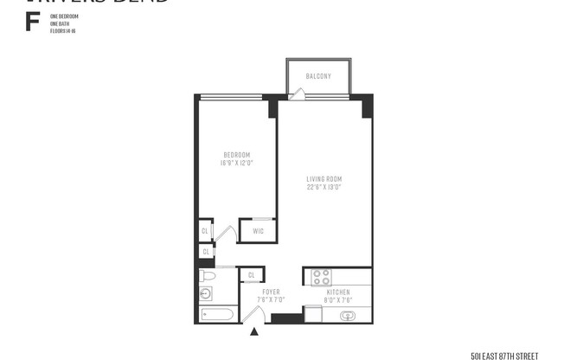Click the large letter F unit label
tap(32, 22)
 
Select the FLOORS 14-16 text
tap(64, 29)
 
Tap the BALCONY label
tap(318, 76)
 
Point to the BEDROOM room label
tap(235, 155)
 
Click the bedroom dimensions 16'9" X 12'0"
tap(235, 163)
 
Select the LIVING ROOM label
tap(324, 179)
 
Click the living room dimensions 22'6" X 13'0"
tap(324, 187)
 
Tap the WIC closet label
tap(258, 231)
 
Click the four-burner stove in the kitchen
tap(321, 277)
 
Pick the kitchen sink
tap(348, 315)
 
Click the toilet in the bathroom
tap(208, 276)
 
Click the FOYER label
tap(271, 292)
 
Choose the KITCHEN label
tap(338, 292)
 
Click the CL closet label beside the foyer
tap(251, 275)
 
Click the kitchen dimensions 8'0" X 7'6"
tap(338, 300)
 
